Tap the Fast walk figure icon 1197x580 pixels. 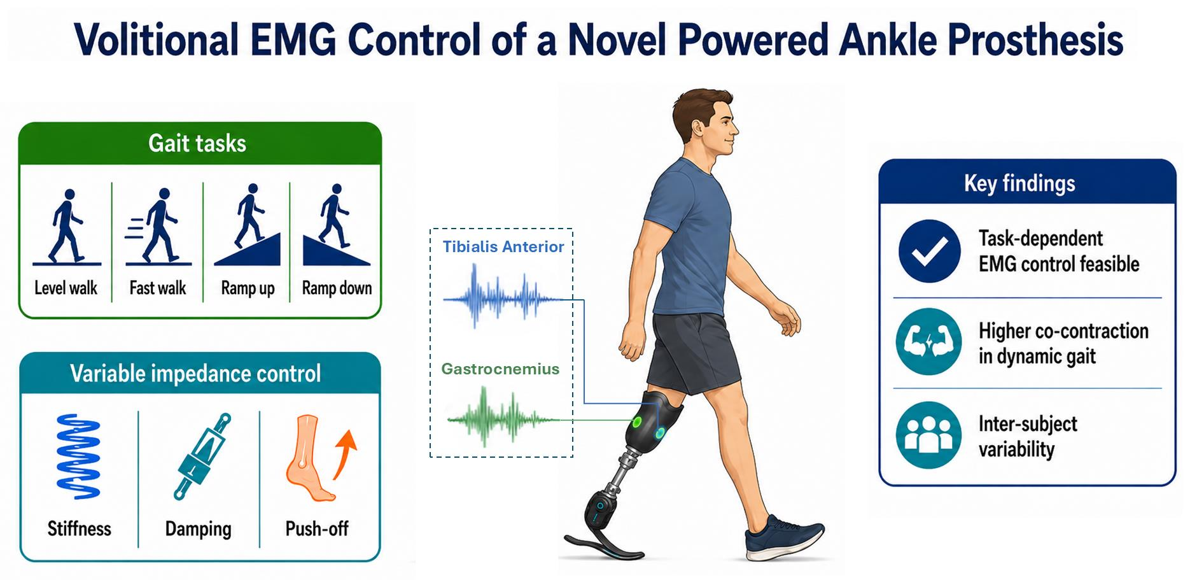tap(158, 227)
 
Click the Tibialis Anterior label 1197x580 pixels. tap(503, 247)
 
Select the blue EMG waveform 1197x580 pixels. tap(503, 297)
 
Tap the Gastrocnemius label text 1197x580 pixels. tap(500, 369)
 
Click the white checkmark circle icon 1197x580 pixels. tap(929, 251)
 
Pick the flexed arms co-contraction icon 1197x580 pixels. tap(928, 342)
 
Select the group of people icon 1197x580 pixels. tap(928, 435)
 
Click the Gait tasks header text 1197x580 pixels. tap(197, 143)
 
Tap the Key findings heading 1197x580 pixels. tap(1019, 183)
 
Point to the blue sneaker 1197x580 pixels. tap(785, 539)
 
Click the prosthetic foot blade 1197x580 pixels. tap(605, 547)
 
